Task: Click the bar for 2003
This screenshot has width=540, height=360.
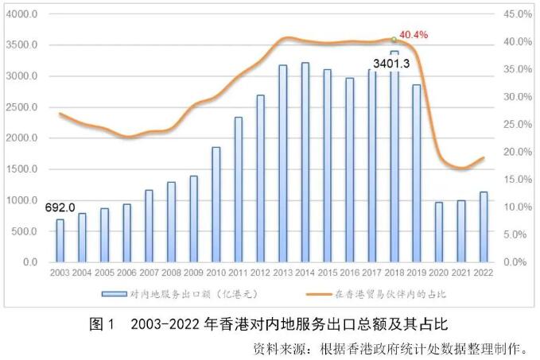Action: (60, 241)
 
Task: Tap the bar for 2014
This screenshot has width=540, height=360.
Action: (305, 162)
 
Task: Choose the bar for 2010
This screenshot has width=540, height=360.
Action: (216, 204)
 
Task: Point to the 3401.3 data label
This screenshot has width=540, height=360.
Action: (390, 63)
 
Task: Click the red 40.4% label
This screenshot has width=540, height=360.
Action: (414, 35)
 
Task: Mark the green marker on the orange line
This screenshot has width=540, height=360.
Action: (394, 39)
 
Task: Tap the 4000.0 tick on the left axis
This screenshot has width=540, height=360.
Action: (22, 14)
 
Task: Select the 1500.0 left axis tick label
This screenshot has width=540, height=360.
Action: (22, 169)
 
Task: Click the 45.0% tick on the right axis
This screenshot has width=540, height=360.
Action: (518, 14)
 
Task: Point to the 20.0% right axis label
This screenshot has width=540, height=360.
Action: (518, 152)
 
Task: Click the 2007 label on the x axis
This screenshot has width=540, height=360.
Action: (149, 273)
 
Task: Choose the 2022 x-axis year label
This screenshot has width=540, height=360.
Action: (483, 273)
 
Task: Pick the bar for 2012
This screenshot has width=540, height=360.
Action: (260, 178)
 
